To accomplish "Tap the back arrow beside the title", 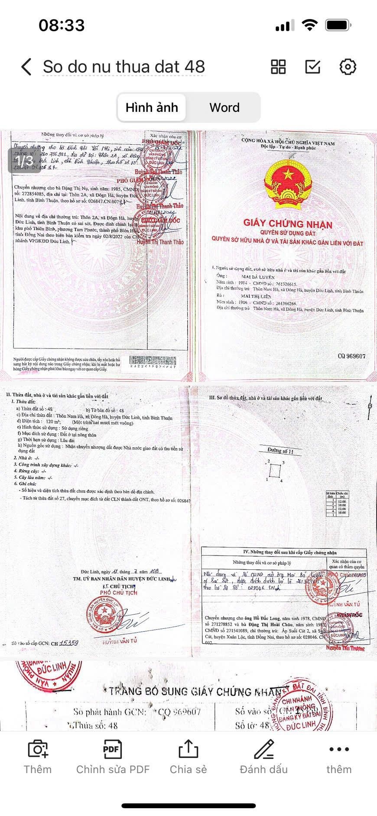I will coord(26,67).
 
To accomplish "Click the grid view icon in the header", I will coord(278,67).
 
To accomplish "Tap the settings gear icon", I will coord(348,67).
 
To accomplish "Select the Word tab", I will coord(224,107).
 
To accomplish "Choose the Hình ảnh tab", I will coord(152,107).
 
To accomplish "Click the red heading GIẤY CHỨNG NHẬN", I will coord(287,224).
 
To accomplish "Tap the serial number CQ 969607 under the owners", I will coord(351,356).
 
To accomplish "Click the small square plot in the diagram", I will coord(274,471).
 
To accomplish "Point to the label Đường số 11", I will coord(280,451).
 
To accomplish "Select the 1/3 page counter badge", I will coord(26,160).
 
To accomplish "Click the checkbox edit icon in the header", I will coord(313,67).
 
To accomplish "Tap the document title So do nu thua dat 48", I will coord(123,67).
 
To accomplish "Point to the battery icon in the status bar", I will coord(338,26).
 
